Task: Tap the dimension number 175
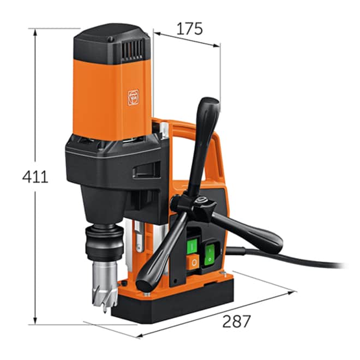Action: (190, 29)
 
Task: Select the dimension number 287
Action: (236, 321)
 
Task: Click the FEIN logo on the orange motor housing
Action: (133, 97)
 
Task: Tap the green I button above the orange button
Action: (192, 246)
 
